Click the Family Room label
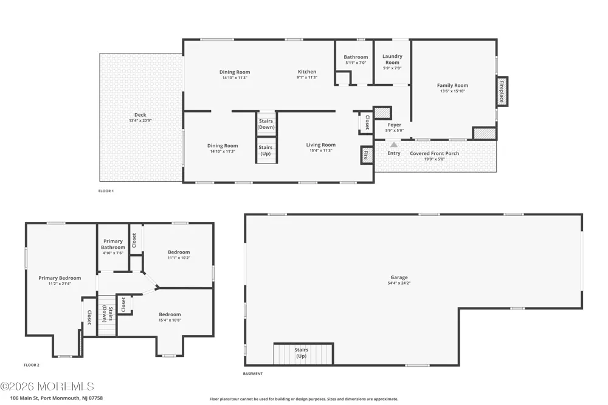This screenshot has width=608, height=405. point(452,85)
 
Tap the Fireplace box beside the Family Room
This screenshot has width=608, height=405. point(502,92)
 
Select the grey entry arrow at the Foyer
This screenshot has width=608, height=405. point(393,145)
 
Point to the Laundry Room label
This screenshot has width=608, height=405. point(392,60)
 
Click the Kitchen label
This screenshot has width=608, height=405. point(307,72)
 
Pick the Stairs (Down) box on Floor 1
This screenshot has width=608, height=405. point(266,124)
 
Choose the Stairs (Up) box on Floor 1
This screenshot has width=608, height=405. point(266,151)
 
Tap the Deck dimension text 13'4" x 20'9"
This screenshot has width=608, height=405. point(140,120)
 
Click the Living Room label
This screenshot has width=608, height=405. point(320,145)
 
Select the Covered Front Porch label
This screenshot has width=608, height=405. point(434,153)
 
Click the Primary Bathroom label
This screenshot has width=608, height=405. point(113,244)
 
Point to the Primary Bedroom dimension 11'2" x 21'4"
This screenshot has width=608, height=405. point(60,283)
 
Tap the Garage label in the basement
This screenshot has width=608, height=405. point(399,277)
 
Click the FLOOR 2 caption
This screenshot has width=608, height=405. point(32,365)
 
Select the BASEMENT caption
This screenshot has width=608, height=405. point(253,374)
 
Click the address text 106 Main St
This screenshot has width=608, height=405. point(24,398)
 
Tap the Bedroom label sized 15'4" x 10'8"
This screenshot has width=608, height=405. point(170,314)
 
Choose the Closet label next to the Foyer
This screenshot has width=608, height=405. point(367,122)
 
